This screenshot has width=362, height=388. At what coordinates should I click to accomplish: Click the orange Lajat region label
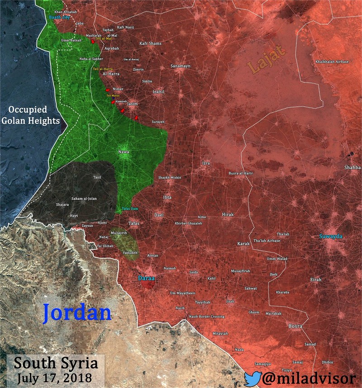click(x=268, y=62)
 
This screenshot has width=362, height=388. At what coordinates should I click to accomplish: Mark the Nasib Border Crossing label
click(x=206, y=317)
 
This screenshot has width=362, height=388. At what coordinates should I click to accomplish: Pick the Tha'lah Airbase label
click(x=267, y=241)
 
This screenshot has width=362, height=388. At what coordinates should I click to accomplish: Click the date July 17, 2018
click(x=57, y=377)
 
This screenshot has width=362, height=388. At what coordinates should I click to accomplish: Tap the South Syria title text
click(x=56, y=363)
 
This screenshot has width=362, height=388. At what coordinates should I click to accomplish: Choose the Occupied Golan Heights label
click(x=36, y=115)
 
